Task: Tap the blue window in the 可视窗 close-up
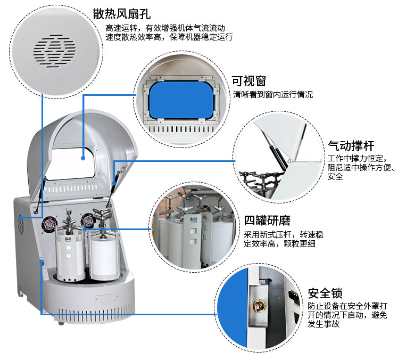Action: [181, 100]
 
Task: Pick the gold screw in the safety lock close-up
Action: [260, 306]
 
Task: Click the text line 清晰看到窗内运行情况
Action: [273, 95]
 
